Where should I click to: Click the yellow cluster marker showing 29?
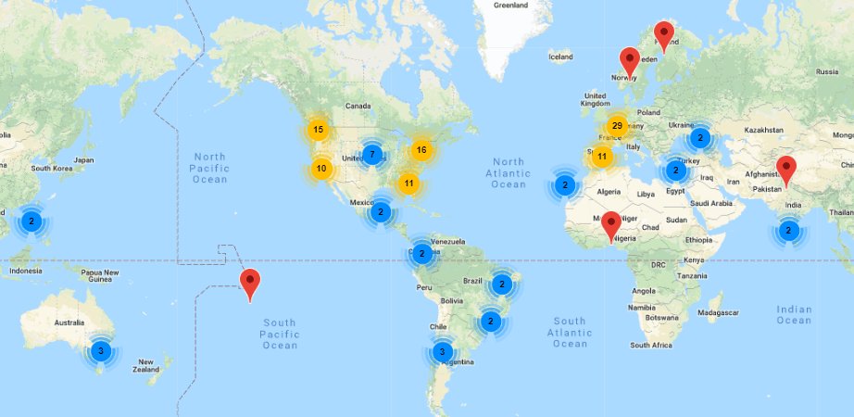coord(617,126)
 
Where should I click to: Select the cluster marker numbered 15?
coord(318,130)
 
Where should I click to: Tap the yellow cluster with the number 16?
coord(421,150)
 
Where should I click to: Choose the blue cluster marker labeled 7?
coord(371,154)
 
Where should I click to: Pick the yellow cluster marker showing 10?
coord(321,169)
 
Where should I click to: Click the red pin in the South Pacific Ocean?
coord(249,284)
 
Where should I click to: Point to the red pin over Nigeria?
coord(610,226)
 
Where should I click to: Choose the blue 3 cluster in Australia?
coord(101,351)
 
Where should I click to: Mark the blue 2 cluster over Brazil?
coord(501,284)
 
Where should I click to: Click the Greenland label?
coord(510,5)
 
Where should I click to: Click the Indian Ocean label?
coord(794,315)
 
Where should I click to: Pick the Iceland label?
coord(561,57)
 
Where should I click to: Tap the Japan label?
coord(83,159)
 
